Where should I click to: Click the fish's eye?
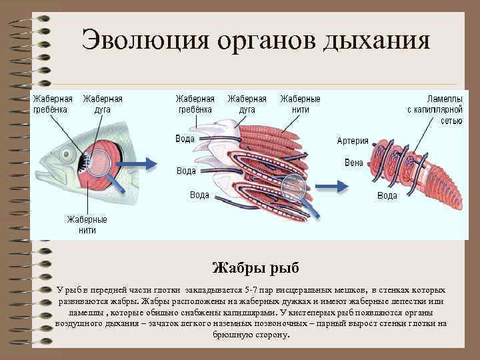click(x=67, y=155)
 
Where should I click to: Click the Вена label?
click(x=353, y=162)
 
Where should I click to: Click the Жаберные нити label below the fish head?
click(x=86, y=225)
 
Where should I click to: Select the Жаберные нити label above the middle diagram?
click(x=300, y=104)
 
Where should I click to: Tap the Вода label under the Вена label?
click(x=387, y=195)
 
